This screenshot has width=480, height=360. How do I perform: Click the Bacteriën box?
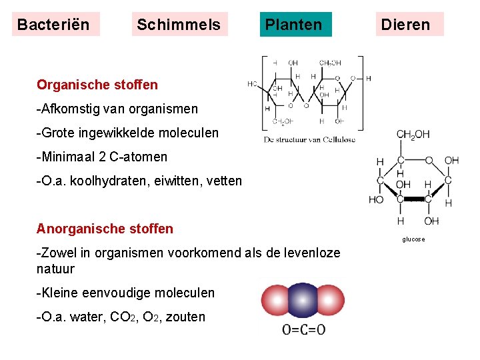coord(56,25)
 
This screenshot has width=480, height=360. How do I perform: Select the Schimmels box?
coord(179,25)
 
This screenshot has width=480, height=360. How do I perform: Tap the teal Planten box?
coord(294,25)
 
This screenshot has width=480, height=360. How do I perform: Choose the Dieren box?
coord(405,25)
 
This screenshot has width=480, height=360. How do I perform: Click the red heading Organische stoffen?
coord(97,85)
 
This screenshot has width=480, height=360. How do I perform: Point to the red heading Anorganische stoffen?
coord(105,229)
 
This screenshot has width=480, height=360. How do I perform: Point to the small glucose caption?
coord(413,239)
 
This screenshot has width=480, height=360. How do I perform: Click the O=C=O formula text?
coord(304,329)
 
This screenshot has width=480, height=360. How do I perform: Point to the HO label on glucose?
coord(377,199)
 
